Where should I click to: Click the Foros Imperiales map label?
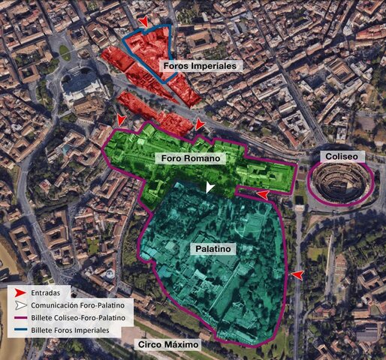[200, 66]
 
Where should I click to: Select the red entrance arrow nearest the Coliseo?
[262, 194]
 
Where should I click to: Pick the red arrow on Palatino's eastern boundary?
[298, 275]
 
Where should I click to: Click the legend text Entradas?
[47, 291]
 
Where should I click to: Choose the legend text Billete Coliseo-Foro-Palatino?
[80, 318]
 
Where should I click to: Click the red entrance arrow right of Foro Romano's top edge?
[199, 124]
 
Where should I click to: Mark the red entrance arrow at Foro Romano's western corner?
[120, 120]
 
